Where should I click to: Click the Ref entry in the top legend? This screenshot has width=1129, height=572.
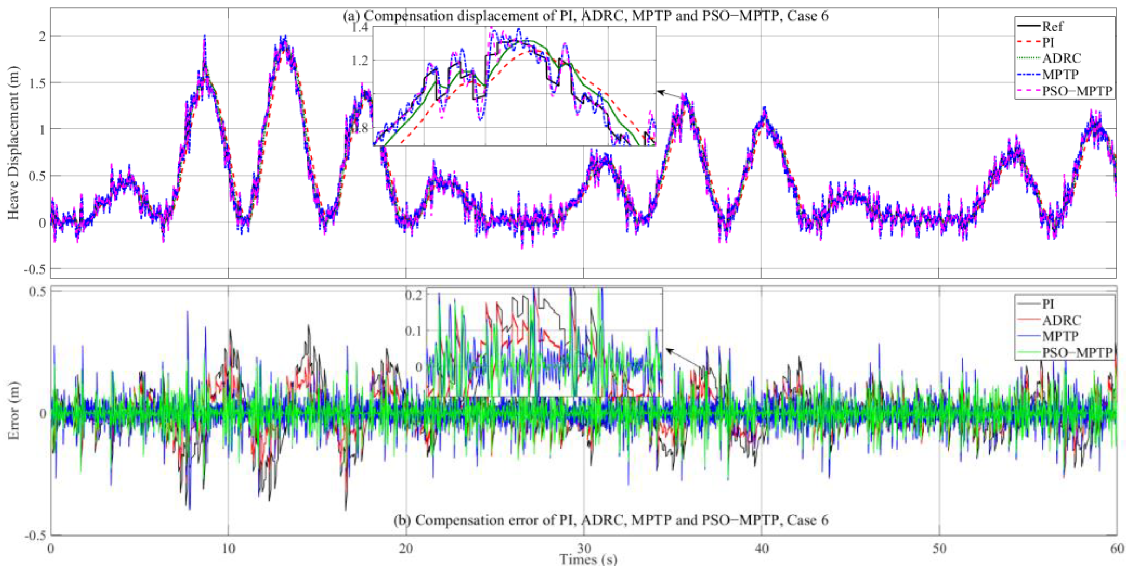click(x=1052, y=26)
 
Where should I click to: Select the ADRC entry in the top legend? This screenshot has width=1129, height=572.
click(x=1061, y=58)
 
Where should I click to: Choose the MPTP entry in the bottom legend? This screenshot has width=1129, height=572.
click(x=1060, y=336)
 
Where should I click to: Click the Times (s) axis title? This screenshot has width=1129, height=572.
click(x=588, y=560)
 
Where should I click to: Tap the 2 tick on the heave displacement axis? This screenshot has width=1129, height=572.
click(x=41, y=36)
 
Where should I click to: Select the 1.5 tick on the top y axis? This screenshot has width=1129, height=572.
click(x=38, y=83)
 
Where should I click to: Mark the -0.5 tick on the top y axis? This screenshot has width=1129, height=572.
click(x=35, y=269)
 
